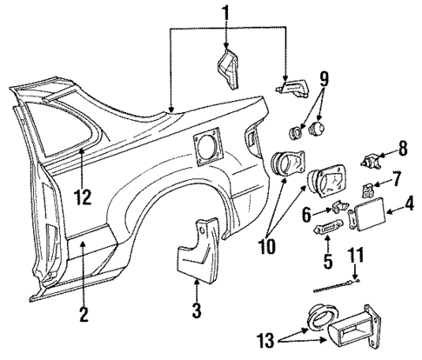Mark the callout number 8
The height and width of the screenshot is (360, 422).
tap(403, 149)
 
